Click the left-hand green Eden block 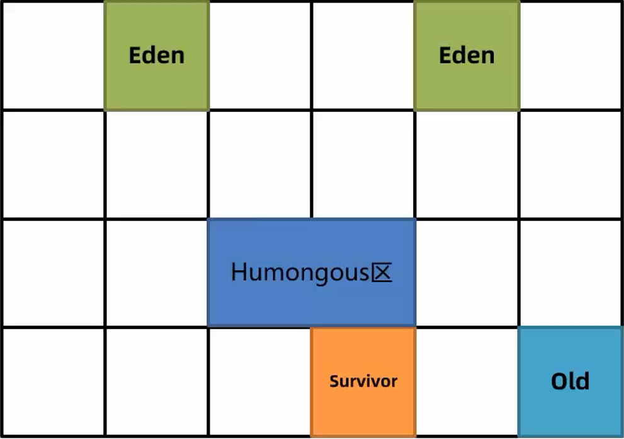[x=156, y=55]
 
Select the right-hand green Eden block [x=467, y=55]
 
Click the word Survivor [x=363, y=381]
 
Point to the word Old [x=570, y=381]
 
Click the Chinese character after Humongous [x=382, y=273]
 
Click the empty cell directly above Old [x=570, y=273]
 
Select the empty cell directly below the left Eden [x=156, y=164]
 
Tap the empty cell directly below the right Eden [x=467, y=164]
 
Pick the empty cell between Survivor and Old [x=467, y=381]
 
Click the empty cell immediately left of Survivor [x=259, y=381]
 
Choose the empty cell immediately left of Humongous [x=156, y=273]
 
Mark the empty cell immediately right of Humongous [x=467, y=273]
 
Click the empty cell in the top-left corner [x=53, y=55]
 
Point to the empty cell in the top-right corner [x=570, y=55]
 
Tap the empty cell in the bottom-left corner [x=53, y=381]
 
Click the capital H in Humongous [x=239, y=273]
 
